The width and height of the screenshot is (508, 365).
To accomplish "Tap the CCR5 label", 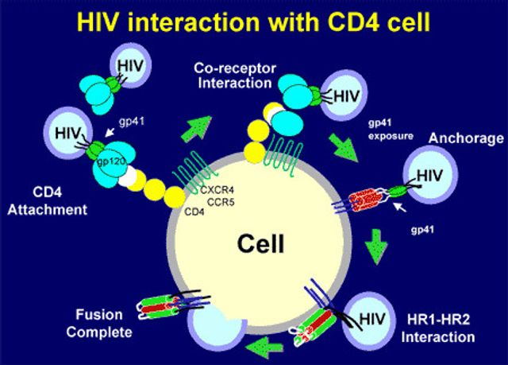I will pos(221,203).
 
